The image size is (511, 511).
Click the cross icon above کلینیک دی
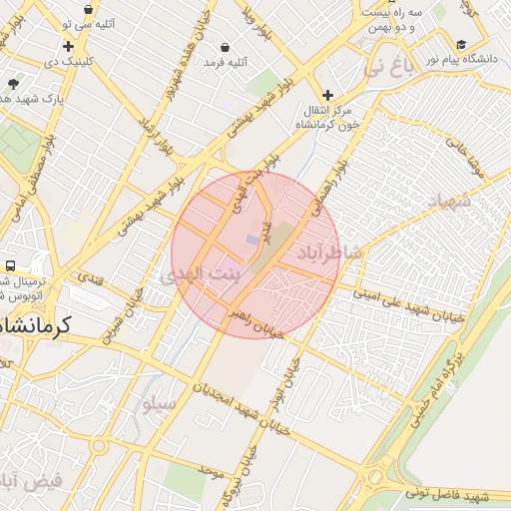pyautogui.click(x=68, y=46)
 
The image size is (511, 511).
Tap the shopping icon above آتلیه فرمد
pyautogui.click(x=225, y=47)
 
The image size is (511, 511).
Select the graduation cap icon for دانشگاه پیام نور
pyautogui.click(x=461, y=44)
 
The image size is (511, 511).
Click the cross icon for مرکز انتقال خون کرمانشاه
pyautogui.click(x=327, y=95)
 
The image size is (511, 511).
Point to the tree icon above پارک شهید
pyautogui.click(x=12, y=84)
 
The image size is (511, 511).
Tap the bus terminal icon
pyautogui.click(x=10, y=266)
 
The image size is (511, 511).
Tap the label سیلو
pyautogui.click(x=159, y=403)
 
